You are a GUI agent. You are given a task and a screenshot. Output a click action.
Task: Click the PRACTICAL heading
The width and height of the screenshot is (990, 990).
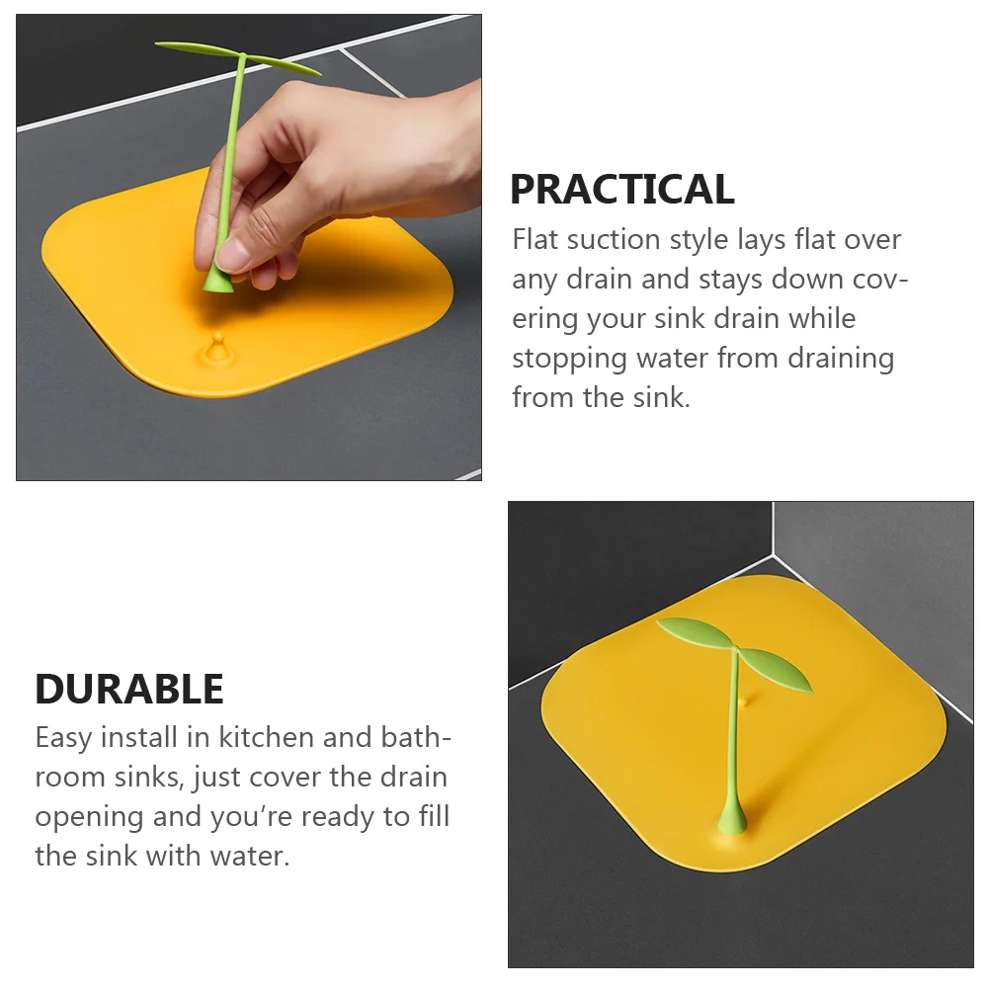click(621, 189)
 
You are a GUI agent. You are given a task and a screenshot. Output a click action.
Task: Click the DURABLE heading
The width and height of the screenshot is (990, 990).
click(129, 689)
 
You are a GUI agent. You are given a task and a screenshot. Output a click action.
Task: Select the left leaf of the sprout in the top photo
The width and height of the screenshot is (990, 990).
click(196, 48)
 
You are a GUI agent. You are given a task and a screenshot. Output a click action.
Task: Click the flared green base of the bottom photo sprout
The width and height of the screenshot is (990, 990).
click(731, 820)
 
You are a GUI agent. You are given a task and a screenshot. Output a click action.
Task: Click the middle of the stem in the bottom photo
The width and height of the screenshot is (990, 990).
click(733, 741)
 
